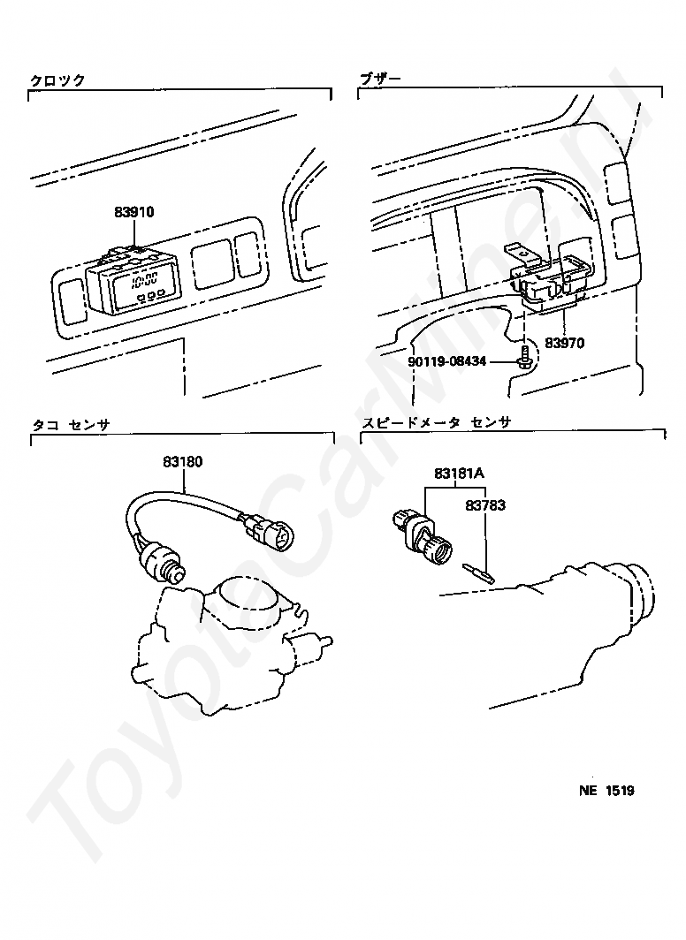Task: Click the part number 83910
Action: (x=133, y=212)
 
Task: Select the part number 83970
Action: (x=564, y=342)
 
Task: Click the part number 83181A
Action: (x=459, y=474)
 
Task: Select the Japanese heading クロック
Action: (x=57, y=80)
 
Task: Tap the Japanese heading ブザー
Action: (x=380, y=79)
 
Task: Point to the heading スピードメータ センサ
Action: (x=436, y=423)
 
